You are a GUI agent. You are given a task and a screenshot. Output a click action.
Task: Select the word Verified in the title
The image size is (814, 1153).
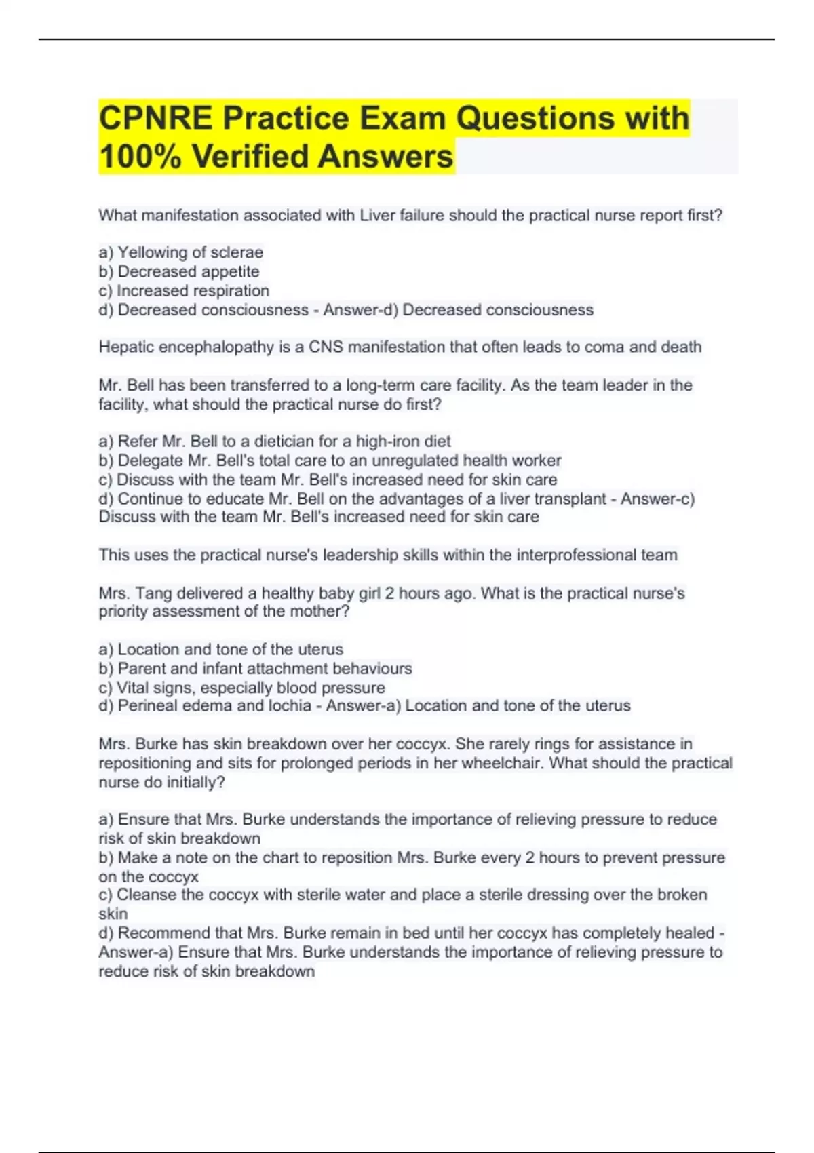[x=250, y=157]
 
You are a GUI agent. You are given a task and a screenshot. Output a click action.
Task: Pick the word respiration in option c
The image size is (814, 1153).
[x=231, y=290]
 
